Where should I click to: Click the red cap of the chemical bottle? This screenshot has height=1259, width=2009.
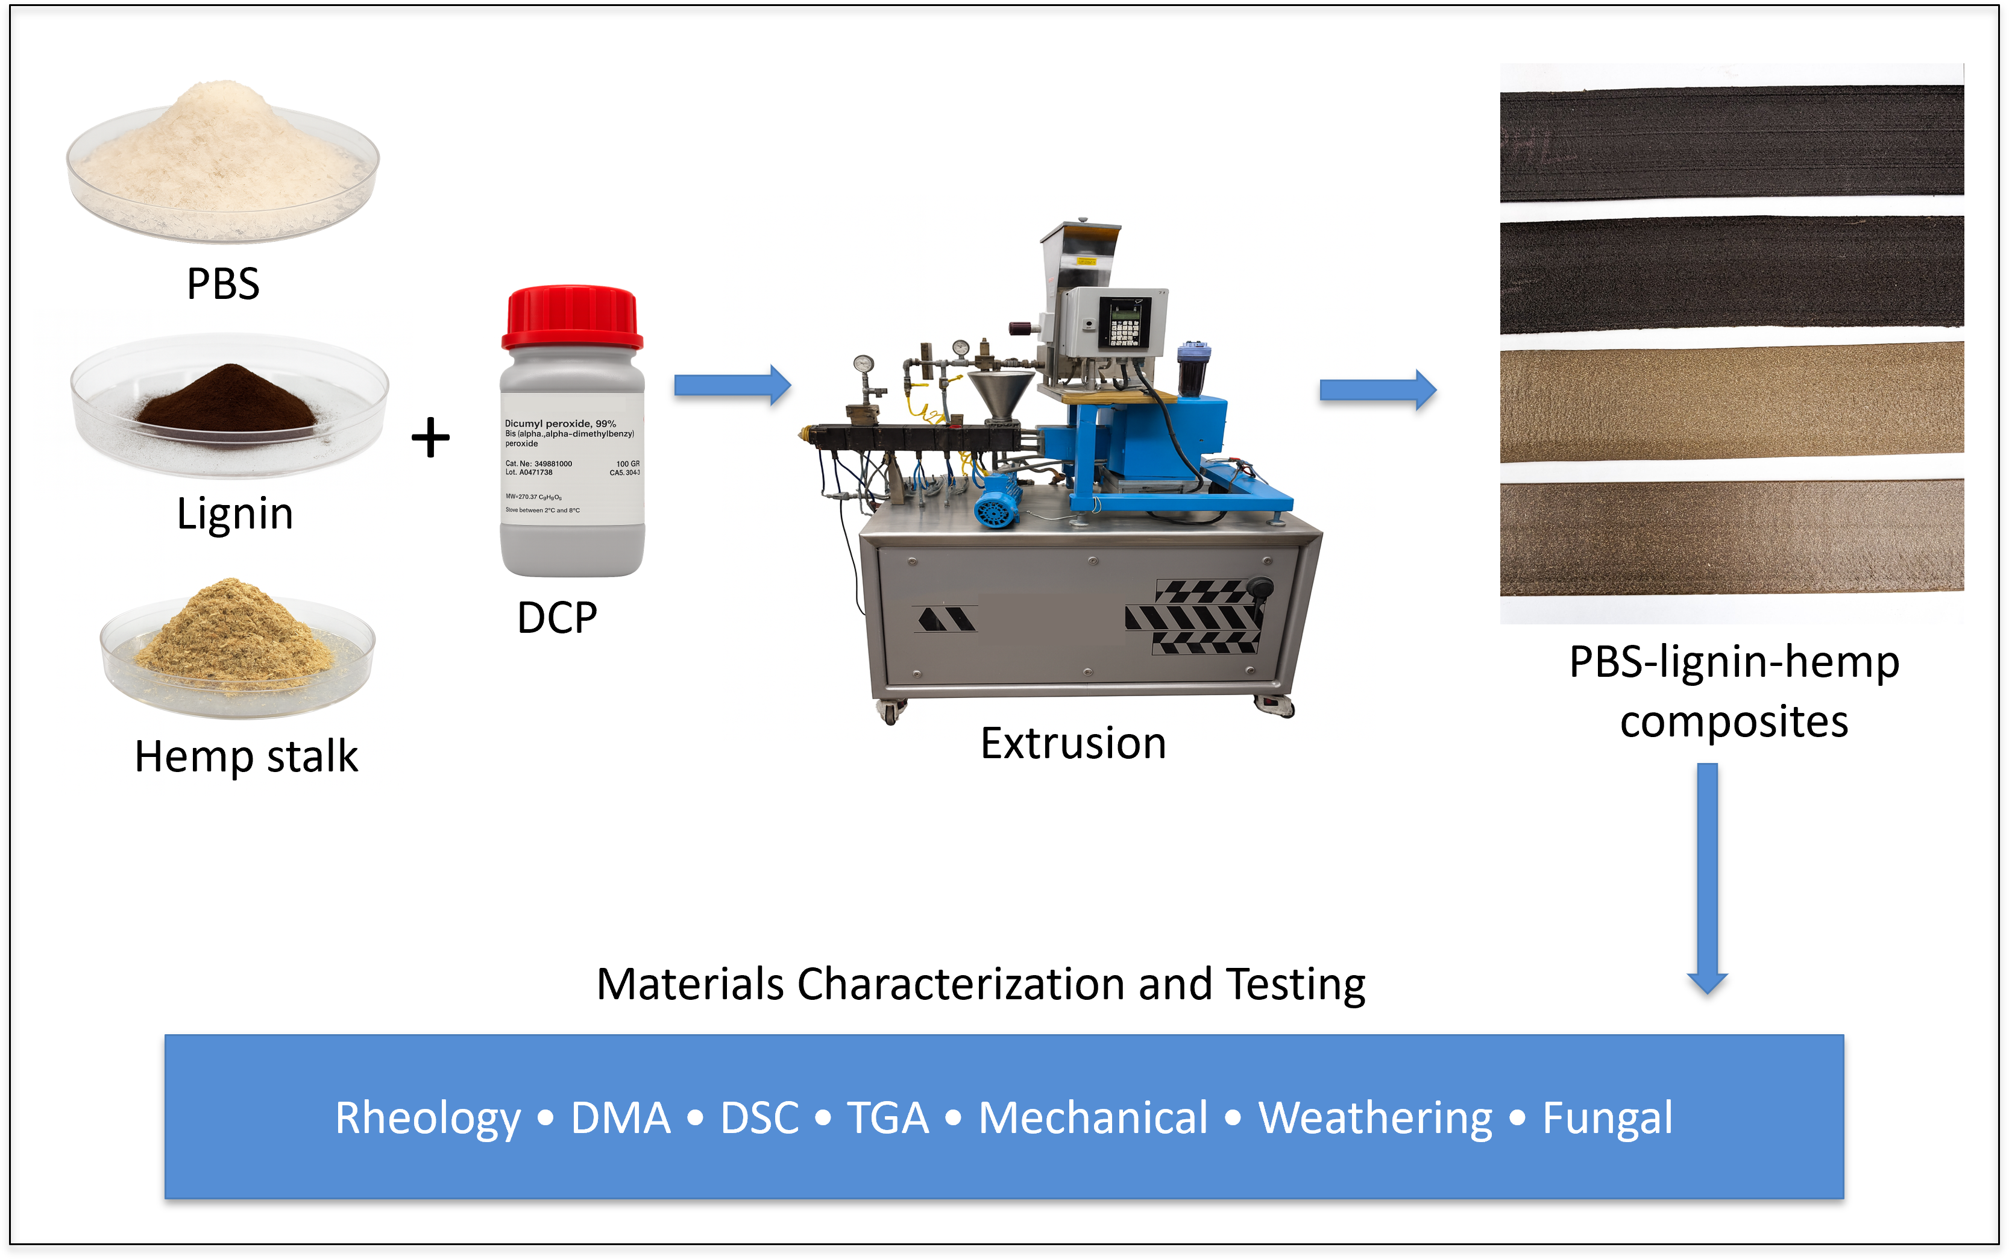pyautogui.click(x=572, y=318)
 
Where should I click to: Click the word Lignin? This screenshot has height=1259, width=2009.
pyautogui.click(x=235, y=513)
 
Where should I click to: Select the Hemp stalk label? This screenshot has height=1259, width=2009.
pyautogui.click(x=247, y=757)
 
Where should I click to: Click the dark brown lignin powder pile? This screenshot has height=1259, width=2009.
pyautogui.click(x=227, y=399)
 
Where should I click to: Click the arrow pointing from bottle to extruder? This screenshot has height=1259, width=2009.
pyautogui.click(x=731, y=385)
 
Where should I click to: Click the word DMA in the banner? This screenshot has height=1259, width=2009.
pyautogui.click(x=620, y=1119)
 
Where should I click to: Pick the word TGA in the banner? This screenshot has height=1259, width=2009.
pyautogui.click(x=887, y=1119)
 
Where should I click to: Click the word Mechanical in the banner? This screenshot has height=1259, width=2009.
pyautogui.click(x=1092, y=1119)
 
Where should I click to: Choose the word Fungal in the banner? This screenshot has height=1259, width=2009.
pyautogui.click(x=1607, y=1119)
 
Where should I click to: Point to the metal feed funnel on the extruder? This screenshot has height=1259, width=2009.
pyautogui.click(x=1000, y=395)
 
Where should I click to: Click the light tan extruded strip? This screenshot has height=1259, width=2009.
pyautogui.click(x=1732, y=404)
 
